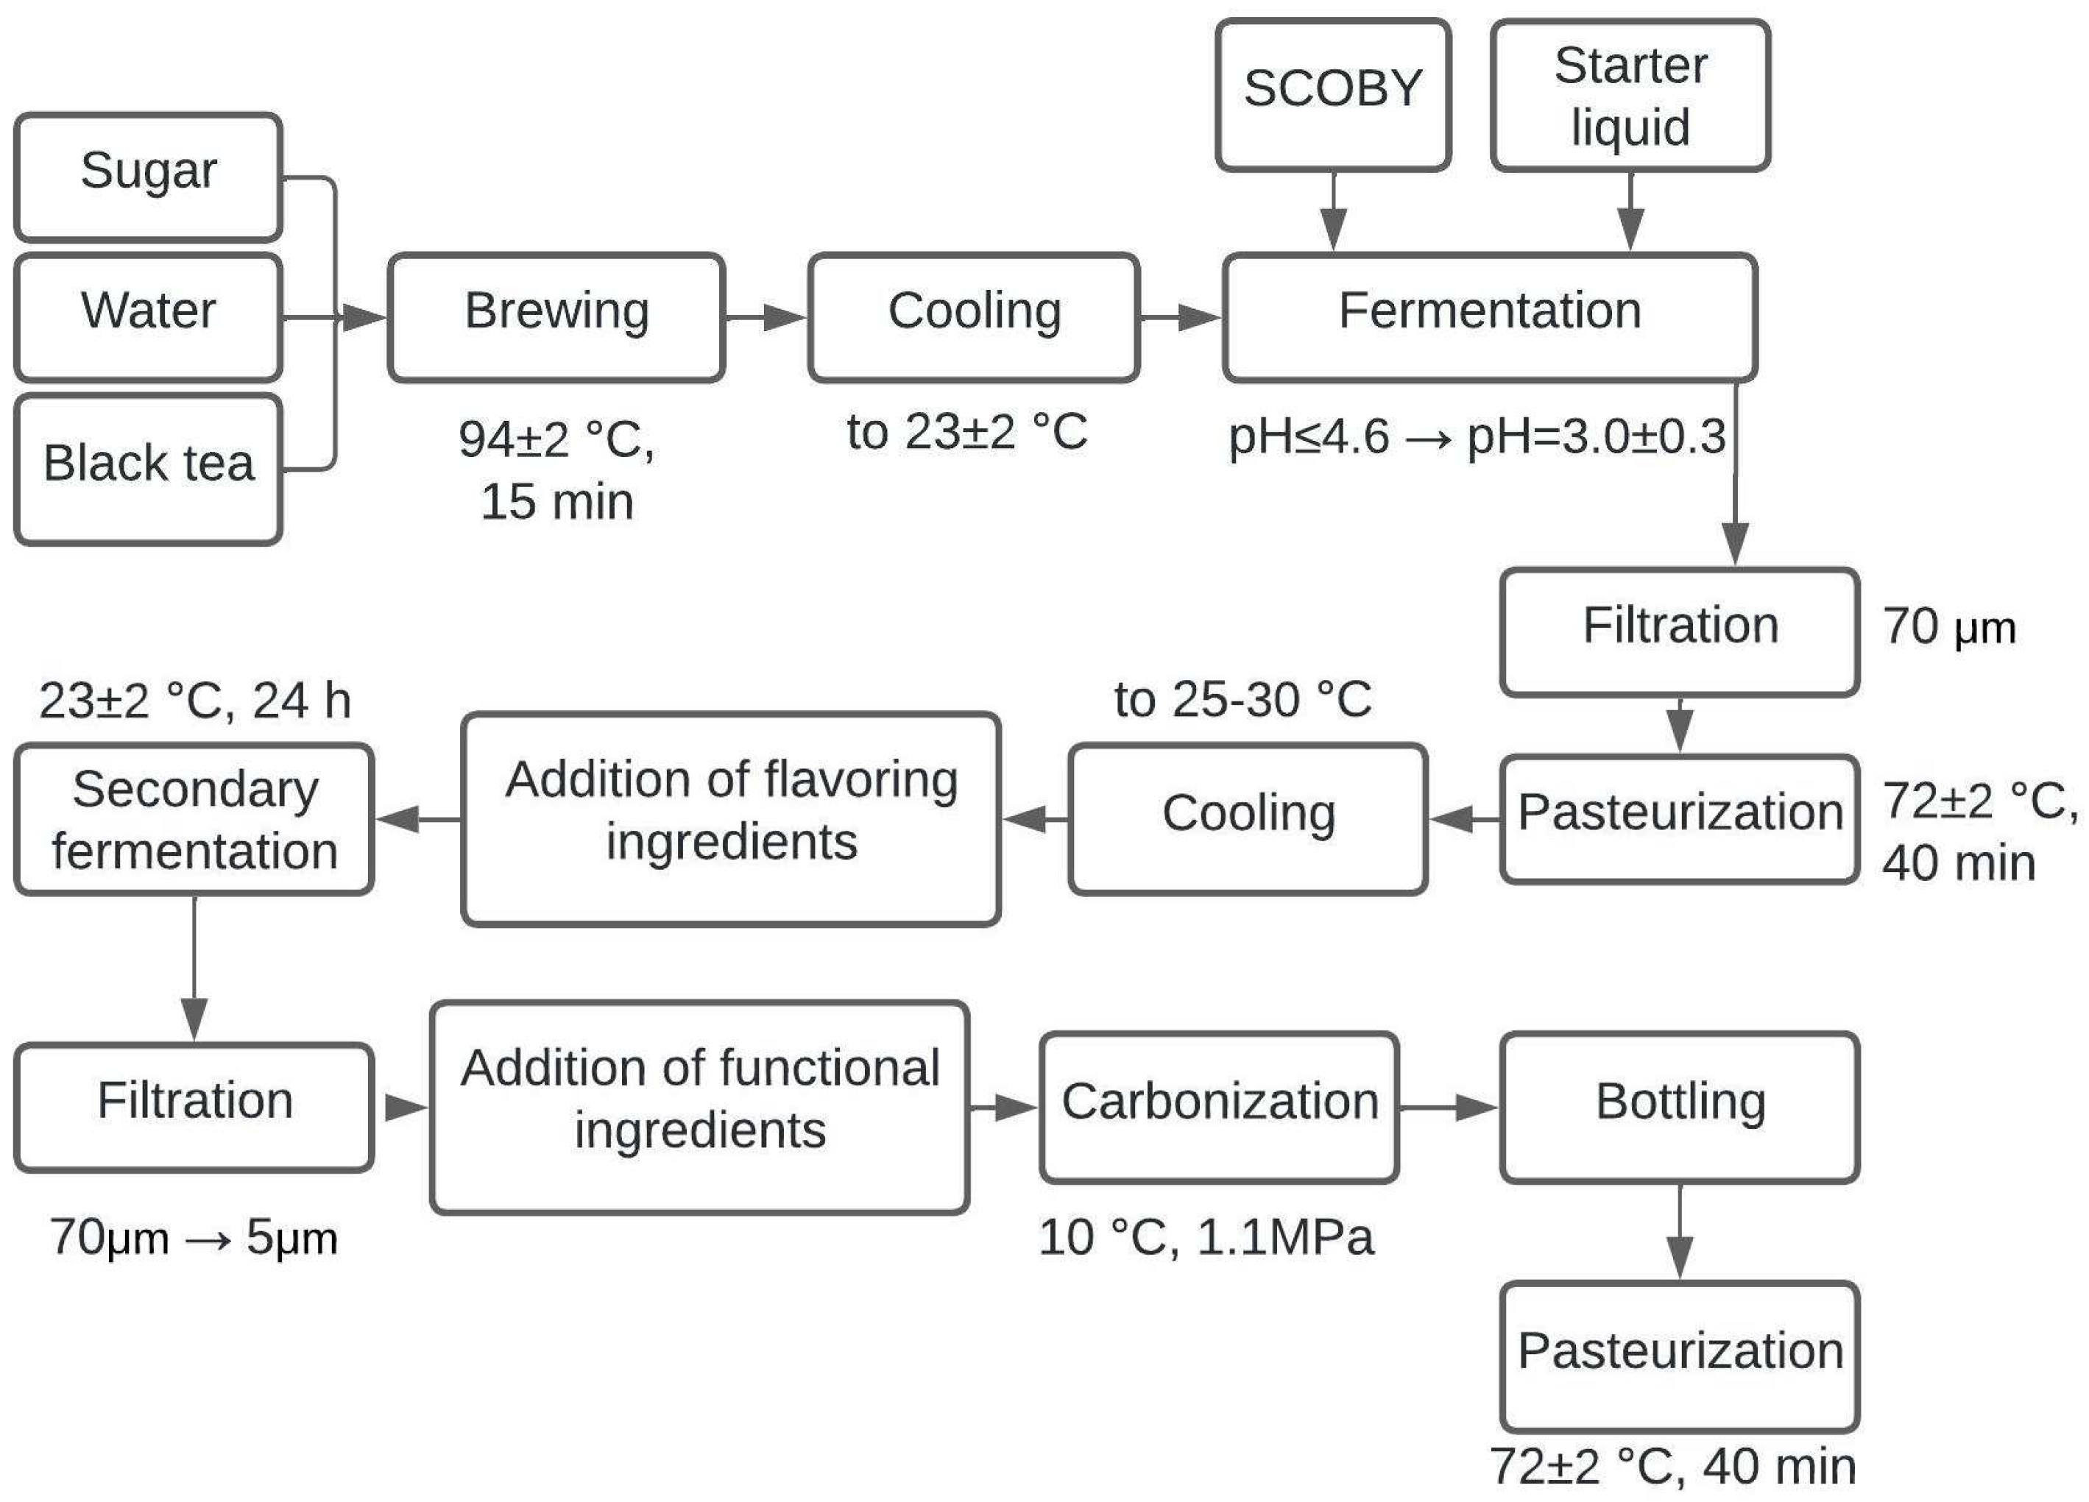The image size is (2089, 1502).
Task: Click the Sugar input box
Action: [147, 177]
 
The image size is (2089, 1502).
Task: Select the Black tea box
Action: [147, 468]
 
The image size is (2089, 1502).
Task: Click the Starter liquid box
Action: [1630, 95]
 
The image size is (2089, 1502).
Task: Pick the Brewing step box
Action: [556, 316]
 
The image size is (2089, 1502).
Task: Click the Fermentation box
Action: [1488, 316]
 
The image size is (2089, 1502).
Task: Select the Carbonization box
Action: [1219, 1106]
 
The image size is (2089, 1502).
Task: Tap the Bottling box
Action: [1679, 1106]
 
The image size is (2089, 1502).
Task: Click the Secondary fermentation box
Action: [194, 818]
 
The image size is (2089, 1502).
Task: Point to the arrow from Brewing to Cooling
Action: [766, 318]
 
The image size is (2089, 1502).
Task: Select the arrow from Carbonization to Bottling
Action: [1448, 1107]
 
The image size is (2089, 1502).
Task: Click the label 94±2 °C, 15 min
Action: [556, 470]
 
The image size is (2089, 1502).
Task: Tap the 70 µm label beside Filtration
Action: [1949, 627]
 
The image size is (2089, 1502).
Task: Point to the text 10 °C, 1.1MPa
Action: [1206, 1237]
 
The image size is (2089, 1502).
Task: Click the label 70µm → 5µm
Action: [194, 1237]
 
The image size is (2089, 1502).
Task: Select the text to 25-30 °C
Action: [1243, 700]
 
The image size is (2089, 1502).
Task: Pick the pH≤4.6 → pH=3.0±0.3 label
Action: [1477, 436]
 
